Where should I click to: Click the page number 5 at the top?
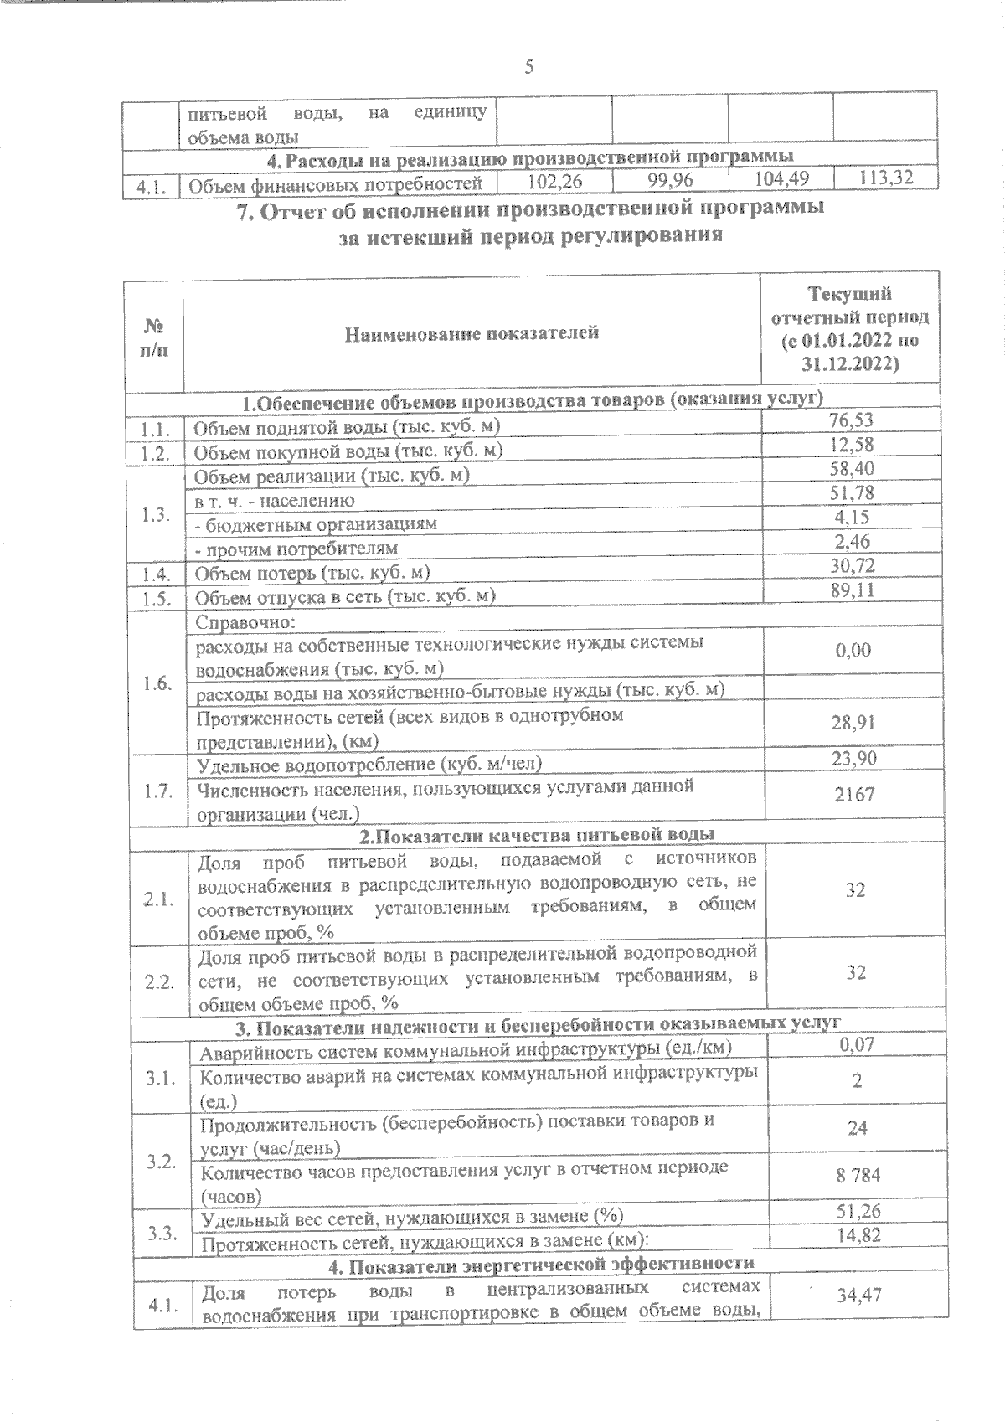tap(528, 67)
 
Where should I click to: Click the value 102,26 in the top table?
tap(554, 180)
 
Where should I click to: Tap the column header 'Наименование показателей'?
tap(472, 333)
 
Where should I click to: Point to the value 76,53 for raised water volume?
tap(851, 420)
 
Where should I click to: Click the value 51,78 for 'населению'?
tap(851, 493)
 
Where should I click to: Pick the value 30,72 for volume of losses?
tap(852, 566)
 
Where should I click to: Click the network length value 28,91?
tap(853, 722)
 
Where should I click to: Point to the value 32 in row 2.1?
tap(854, 890)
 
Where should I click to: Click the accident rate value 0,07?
tap(856, 1044)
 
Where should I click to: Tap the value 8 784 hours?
tap(857, 1176)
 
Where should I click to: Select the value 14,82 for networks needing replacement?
tap(858, 1235)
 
